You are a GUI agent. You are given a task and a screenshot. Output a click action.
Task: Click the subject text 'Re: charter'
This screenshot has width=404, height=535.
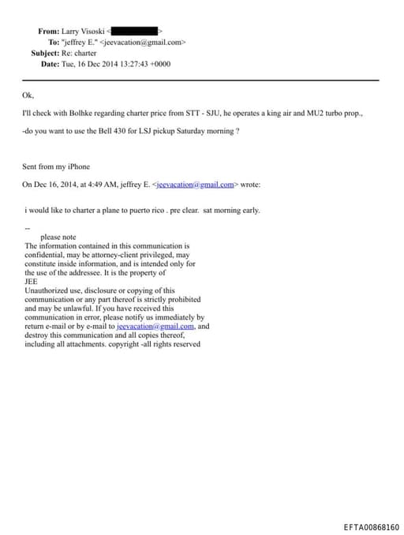81,53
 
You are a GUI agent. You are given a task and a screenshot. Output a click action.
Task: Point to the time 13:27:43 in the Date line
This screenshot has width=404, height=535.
138,64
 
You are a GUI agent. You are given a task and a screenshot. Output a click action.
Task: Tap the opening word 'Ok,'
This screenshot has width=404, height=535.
28,96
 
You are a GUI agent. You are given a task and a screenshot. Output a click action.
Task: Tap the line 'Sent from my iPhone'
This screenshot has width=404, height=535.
56,166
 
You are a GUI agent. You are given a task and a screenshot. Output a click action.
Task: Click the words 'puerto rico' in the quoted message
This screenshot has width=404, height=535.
140,210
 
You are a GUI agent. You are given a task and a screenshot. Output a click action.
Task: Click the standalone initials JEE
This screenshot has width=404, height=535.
32,282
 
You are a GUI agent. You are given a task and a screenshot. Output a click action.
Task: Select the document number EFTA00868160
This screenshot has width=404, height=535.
371,526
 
